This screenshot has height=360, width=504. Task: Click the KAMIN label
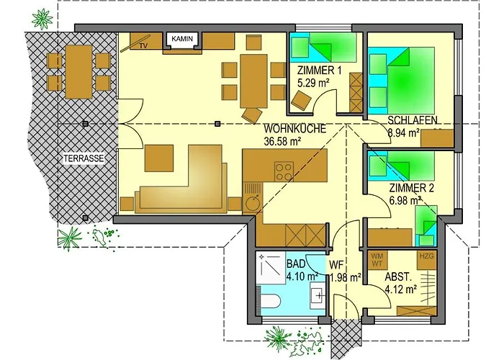pyautogui.click(x=182, y=39)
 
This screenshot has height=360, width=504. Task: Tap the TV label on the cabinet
pyautogui.click(x=144, y=46)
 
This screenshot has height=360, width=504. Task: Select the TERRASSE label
pyautogui.click(x=84, y=158)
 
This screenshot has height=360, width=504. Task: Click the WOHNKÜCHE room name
pyautogui.click(x=294, y=129)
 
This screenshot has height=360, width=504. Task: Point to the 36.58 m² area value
pyautogui.click(x=282, y=141)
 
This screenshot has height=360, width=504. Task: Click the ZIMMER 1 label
pyautogui.click(x=320, y=70)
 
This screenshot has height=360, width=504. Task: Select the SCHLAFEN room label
pyautogui.click(x=413, y=120)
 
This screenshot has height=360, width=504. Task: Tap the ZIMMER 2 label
pyautogui.click(x=412, y=188)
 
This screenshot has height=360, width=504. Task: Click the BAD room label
pyautogui.click(x=296, y=264)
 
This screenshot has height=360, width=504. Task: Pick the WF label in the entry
pyautogui.click(x=336, y=265)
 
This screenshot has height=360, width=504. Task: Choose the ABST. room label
pyautogui.click(x=397, y=276)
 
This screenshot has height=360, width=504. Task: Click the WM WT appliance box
pyautogui.click(x=377, y=260)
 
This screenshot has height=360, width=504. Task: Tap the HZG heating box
pyautogui.click(x=427, y=260)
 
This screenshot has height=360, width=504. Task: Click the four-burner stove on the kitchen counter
pyautogui.click(x=284, y=171)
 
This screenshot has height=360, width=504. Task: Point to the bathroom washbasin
pyautogui.click(x=318, y=294)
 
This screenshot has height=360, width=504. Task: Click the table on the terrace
pyautogui.click(x=78, y=71)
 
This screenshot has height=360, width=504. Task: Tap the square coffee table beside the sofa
pyautogui.click(x=159, y=158)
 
